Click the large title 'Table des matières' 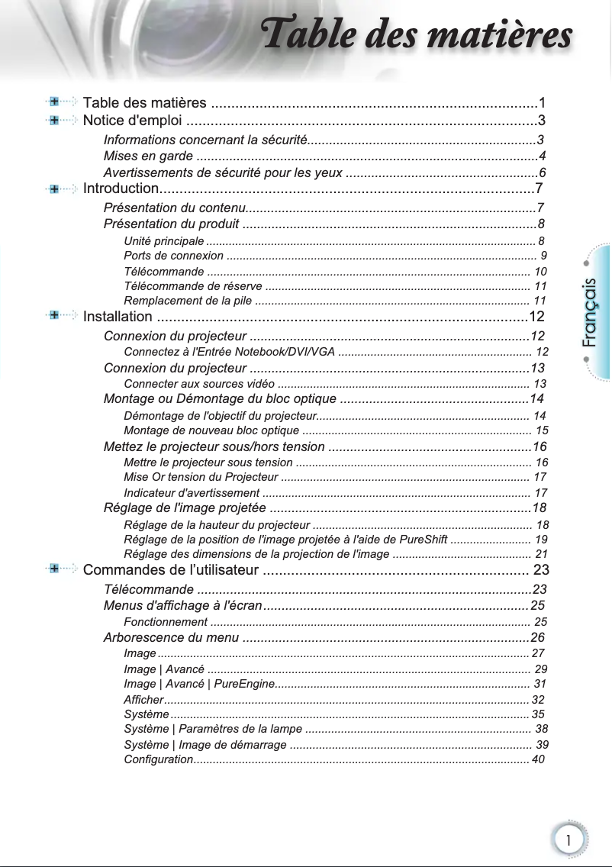(x=415, y=36)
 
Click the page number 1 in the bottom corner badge (x=569, y=840)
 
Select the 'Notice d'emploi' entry (x=132, y=121)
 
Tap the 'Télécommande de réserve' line (x=192, y=286)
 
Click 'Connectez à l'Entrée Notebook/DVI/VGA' (x=229, y=352)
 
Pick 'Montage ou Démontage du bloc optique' (x=220, y=399)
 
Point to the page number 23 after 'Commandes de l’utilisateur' (x=541, y=570)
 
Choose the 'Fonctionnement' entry (x=165, y=622)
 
